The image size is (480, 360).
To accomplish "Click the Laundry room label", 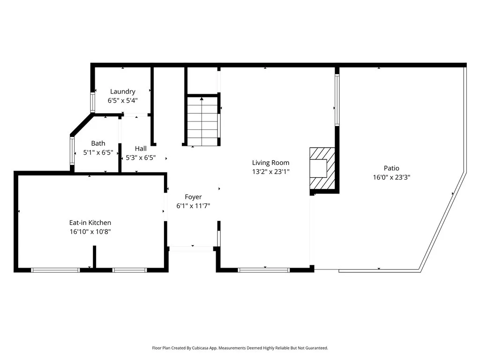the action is [x=122, y=91].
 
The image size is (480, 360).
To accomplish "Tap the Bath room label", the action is [x=98, y=143].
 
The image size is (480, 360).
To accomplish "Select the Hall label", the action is [x=141, y=149].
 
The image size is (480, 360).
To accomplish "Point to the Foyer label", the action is [x=193, y=197].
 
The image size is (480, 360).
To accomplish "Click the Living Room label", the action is [x=270, y=163].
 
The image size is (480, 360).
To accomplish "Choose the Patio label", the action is [x=391, y=168].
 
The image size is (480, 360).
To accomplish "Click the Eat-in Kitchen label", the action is [x=90, y=223].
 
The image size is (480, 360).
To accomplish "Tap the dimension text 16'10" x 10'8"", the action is [x=90, y=232].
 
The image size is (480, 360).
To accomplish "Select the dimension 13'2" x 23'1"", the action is [x=270, y=172].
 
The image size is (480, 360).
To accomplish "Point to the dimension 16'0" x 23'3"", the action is [x=391, y=177].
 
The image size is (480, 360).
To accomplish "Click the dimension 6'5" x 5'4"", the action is [x=122, y=101].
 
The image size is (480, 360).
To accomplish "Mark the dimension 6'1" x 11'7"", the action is [x=193, y=206].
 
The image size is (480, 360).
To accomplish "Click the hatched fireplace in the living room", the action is [x=322, y=168].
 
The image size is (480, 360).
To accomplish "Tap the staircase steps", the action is [x=202, y=121].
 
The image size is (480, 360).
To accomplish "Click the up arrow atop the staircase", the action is [x=202, y=98].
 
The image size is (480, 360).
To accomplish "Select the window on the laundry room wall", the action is [x=92, y=102].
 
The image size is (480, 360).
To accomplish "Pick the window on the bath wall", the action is [x=72, y=150].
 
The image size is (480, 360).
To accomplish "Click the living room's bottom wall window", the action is [x=263, y=270].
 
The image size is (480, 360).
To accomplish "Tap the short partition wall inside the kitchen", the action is [x=95, y=257].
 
